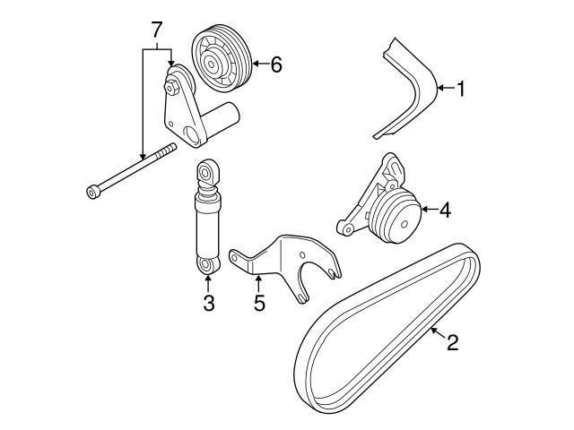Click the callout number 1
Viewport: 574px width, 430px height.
[461, 89]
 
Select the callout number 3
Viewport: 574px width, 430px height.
[208, 304]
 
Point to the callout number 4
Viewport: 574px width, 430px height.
[446, 211]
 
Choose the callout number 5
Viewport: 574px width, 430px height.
[259, 304]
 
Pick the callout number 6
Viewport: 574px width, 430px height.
[275, 64]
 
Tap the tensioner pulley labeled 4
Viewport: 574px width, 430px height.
[395, 217]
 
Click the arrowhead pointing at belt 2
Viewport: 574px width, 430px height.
[432, 330]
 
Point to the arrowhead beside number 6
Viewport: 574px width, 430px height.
[254, 63]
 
